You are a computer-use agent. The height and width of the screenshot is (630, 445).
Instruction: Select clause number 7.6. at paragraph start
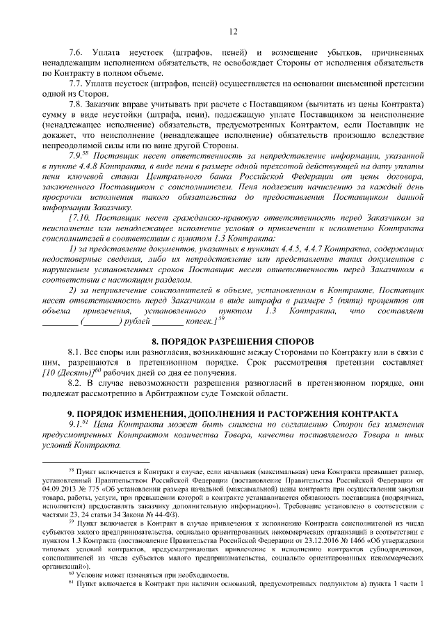[76, 54]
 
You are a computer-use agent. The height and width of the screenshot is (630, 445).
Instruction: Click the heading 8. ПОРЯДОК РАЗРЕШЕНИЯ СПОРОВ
[233, 342]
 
